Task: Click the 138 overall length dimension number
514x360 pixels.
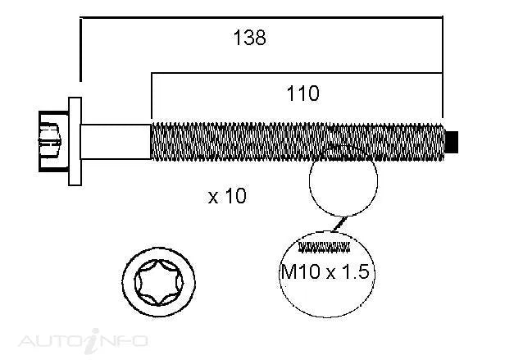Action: [x=249, y=38]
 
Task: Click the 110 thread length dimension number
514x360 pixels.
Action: [x=302, y=93]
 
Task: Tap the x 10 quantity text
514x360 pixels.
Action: [x=227, y=196]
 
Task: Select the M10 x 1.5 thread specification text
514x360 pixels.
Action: [x=325, y=271]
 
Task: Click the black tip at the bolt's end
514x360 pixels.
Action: [x=452, y=142]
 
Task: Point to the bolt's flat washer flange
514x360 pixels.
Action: [x=75, y=141]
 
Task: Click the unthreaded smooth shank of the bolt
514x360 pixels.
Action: [x=116, y=142]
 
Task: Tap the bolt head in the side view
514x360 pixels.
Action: [x=53, y=141]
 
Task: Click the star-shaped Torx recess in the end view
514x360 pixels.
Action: [x=159, y=283]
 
